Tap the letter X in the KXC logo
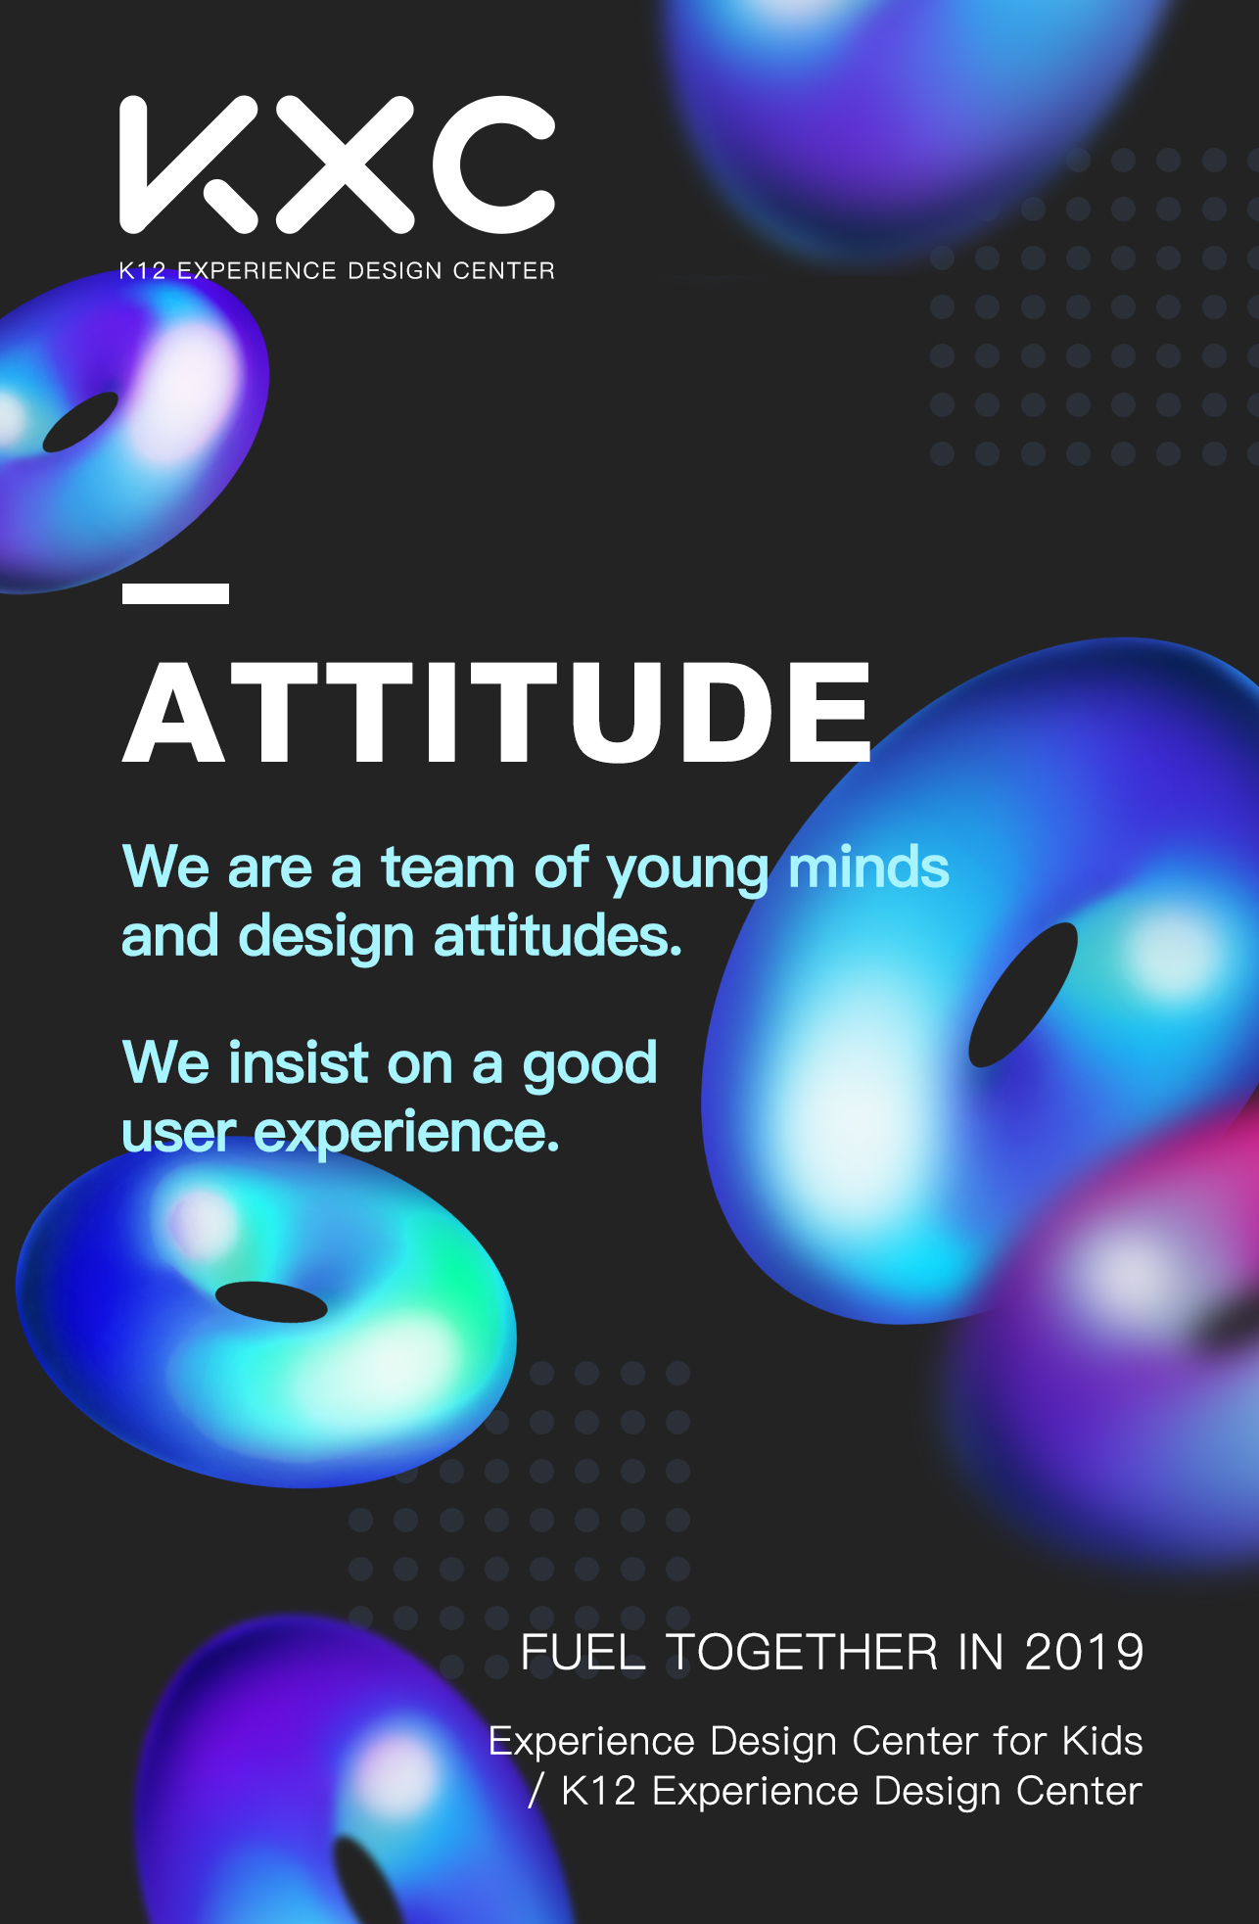tap(345, 164)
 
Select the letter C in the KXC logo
tap(492, 164)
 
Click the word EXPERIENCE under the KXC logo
tap(256, 270)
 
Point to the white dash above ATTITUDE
tap(175, 593)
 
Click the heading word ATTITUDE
tap(497, 712)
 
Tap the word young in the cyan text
tap(688, 870)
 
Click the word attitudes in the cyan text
tap(557, 935)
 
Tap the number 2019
tap(1084, 1653)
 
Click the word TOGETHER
tap(802, 1653)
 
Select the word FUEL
tap(583, 1653)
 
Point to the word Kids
tap(1102, 1741)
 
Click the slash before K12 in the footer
tap(536, 1791)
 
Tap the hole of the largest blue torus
tap(1023, 994)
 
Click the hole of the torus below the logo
tap(80, 422)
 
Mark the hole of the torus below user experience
tap(271, 1301)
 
